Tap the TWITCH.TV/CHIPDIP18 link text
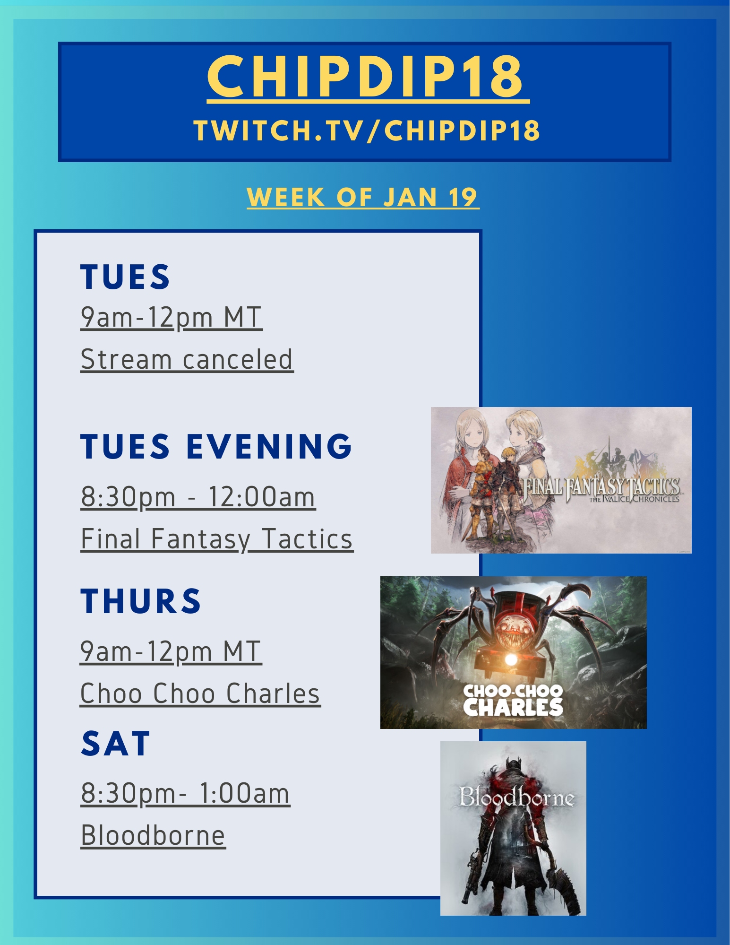[367, 130]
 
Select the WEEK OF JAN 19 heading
[363, 197]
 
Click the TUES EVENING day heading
[216, 446]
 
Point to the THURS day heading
[141, 601]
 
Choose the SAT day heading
[116, 744]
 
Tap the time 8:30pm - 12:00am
[198, 497]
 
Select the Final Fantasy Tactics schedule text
[217, 539]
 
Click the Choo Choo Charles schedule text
[200, 694]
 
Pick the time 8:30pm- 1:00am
[186, 793]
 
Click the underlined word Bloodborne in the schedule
[153, 835]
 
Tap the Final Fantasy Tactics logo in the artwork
[601, 489]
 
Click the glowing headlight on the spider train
[510, 659]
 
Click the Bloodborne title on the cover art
[516, 797]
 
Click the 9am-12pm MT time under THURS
[171, 651]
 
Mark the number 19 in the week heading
[463, 197]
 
